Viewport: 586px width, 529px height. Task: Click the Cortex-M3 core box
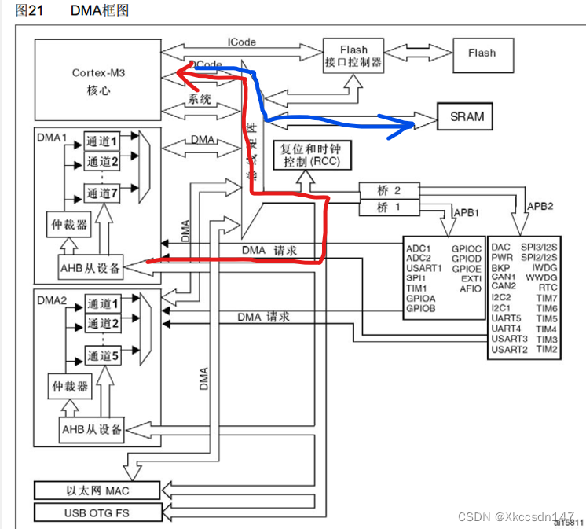(x=96, y=78)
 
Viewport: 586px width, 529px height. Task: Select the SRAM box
(x=467, y=117)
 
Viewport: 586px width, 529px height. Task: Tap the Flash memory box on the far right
(x=482, y=53)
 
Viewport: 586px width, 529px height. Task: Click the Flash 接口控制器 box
(x=353, y=57)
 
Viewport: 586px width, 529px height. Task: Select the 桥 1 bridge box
(x=388, y=208)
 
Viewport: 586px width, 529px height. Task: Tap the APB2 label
(x=541, y=207)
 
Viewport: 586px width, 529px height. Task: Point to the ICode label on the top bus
(x=241, y=42)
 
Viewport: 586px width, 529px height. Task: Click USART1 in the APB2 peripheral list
(x=424, y=267)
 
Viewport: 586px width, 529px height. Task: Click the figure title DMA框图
(x=100, y=10)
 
